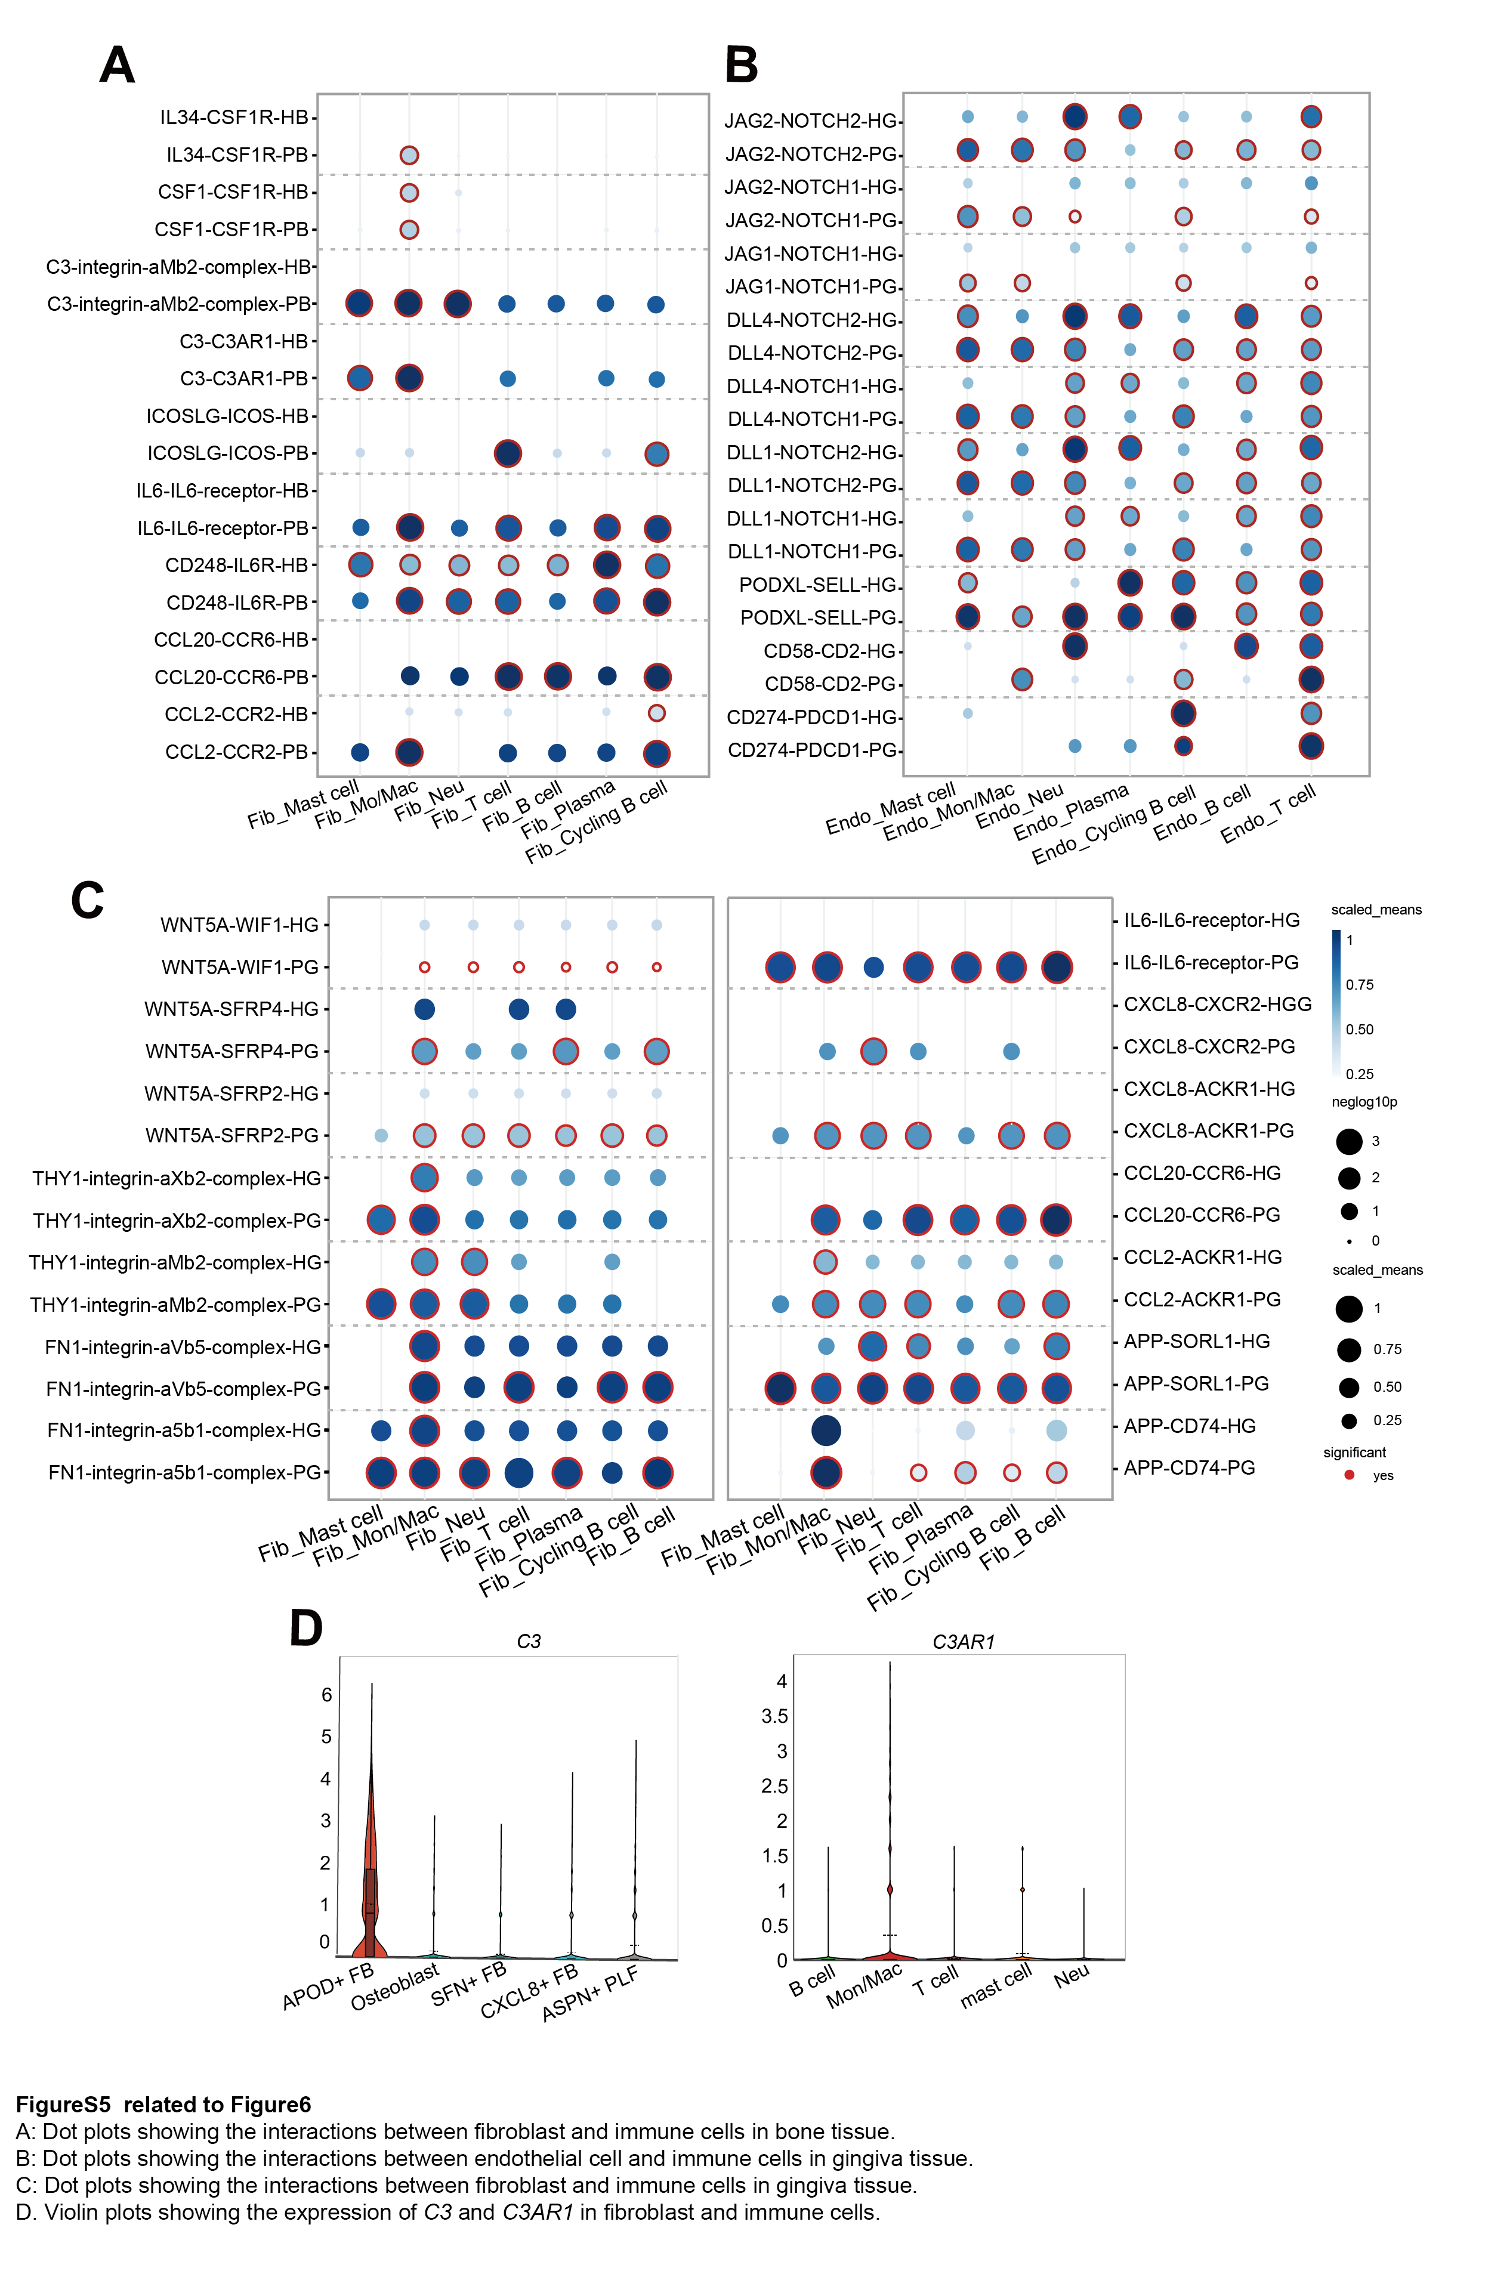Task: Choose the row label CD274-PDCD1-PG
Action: [811, 750]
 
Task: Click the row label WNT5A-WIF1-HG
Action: [239, 925]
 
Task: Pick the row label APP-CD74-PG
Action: [1188, 1467]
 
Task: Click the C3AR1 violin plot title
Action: [963, 1642]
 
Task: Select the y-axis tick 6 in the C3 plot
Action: [326, 1695]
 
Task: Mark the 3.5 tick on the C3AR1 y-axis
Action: [775, 1716]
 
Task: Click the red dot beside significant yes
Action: [1348, 1475]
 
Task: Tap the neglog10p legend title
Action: [1364, 1102]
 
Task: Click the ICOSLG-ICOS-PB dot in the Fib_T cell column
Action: [507, 453]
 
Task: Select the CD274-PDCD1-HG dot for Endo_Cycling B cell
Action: [1183, 713]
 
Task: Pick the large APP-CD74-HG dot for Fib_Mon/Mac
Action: [826, 1430]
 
